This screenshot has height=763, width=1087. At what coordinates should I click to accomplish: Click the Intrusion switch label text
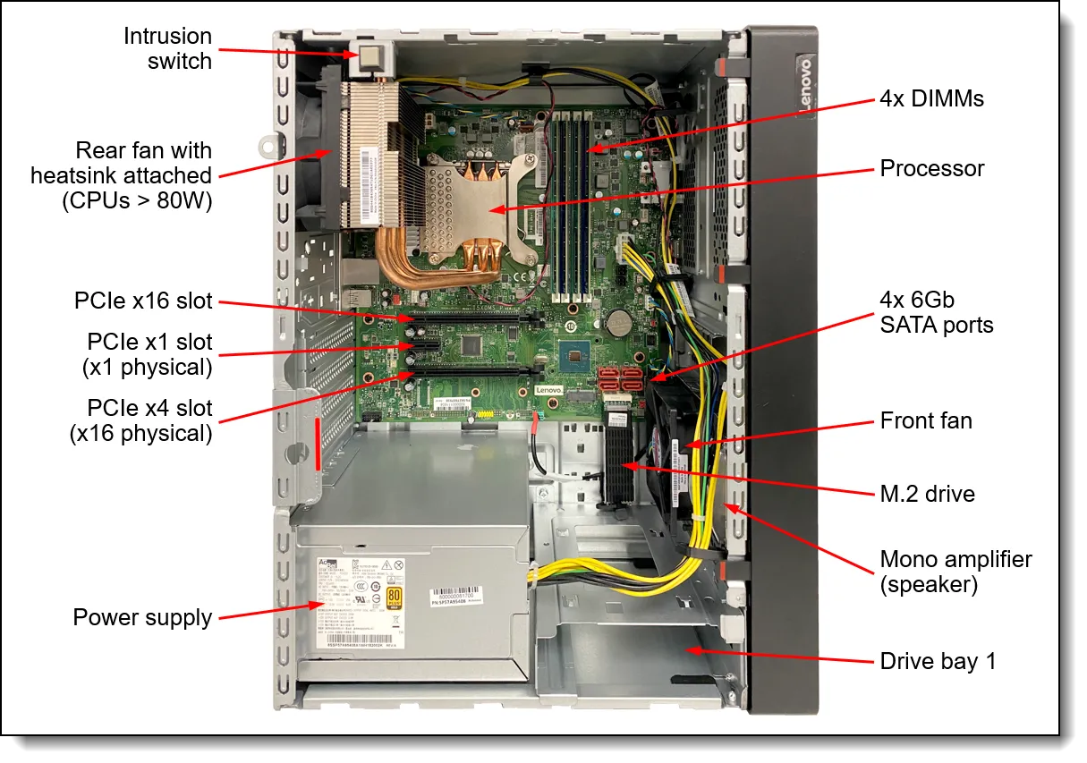click(x=167, y=49)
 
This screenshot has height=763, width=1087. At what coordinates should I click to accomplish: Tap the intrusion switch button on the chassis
click(x=369, y=58)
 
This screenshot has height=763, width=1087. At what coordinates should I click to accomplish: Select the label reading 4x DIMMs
click(x=930, y=98)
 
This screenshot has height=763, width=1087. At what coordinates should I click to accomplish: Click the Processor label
click(x=931, y=168)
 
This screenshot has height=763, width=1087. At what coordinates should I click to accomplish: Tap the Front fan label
click(x=925, y=420)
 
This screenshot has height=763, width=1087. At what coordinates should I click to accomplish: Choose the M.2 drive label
click(x=927, y=494)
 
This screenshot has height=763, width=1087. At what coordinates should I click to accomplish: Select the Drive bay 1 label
click(x=938, y=661)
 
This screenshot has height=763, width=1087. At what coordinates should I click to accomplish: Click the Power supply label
click(x=142, y=617)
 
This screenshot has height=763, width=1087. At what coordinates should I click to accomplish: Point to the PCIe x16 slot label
click(x=144, y=301)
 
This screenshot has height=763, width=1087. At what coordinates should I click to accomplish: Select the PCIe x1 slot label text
click(x=149, y=354)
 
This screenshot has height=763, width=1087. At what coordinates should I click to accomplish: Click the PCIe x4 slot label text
click(x=149, y=420)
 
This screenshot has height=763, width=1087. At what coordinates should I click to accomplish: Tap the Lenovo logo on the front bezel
click(x=804, y=86)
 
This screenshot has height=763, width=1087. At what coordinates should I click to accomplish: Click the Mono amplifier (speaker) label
click(x=955, y=572)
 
